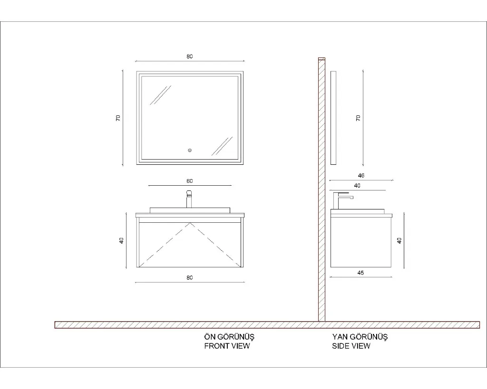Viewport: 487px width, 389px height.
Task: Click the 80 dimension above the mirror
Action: [189, 57]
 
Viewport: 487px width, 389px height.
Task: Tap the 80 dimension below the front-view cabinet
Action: [189, 278]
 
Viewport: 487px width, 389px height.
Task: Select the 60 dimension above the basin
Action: [189, 181]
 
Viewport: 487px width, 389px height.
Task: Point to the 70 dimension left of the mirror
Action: [118, 118]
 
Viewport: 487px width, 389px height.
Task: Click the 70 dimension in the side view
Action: [358, 118]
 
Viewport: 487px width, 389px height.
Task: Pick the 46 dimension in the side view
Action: [361, 176]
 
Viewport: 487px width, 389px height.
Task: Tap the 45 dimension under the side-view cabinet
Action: [360, 273]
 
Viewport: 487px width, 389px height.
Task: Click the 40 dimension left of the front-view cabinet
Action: [121, 240]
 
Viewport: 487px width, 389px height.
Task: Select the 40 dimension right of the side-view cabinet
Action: [399, 240]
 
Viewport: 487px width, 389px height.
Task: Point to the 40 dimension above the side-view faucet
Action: [357, 186]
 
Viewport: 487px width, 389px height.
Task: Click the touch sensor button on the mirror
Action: [190, 151]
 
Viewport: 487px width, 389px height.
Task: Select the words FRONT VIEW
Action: [227, 346]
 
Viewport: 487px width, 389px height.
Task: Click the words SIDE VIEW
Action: [351, 346]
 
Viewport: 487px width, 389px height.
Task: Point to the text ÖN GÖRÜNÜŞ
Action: [229, 337]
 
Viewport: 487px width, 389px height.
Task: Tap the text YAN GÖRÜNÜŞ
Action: [360, 337]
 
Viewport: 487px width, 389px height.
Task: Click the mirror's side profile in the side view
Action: [333, 118]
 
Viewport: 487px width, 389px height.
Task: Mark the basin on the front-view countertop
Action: [190, 210]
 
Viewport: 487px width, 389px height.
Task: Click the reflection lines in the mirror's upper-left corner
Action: [160, 95]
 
